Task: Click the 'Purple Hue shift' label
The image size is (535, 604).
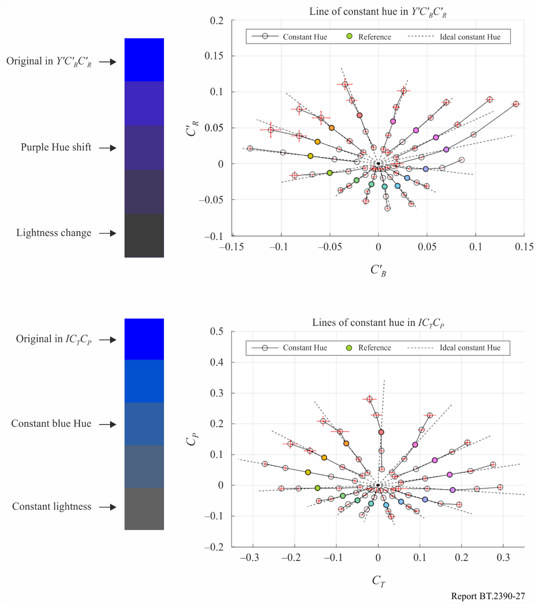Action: point(56,147)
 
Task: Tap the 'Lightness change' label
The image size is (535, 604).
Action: point(53,233)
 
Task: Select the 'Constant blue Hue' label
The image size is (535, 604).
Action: point(51,423)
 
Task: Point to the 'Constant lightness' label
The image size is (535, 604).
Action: point(52,507)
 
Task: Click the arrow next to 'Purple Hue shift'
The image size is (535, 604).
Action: point(107,148)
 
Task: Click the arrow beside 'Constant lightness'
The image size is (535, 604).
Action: point(107,507)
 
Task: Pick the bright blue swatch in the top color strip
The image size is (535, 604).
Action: point(144,60)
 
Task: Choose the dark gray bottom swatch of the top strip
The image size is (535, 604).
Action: point(144,236)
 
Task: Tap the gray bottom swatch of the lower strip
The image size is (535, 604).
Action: point(144,509)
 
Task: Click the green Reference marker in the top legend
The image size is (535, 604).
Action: point(350,36)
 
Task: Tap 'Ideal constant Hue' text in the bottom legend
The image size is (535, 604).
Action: point(470,348)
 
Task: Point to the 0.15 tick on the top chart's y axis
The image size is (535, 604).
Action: point(214,56)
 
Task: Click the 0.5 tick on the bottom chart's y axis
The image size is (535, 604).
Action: point(217,331)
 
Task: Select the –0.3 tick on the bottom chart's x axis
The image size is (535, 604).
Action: point(250,558)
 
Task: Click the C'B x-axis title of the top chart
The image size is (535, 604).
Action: point(378,270)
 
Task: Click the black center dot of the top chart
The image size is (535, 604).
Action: point(378,164)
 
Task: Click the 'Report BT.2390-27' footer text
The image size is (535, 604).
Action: point(488,596)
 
